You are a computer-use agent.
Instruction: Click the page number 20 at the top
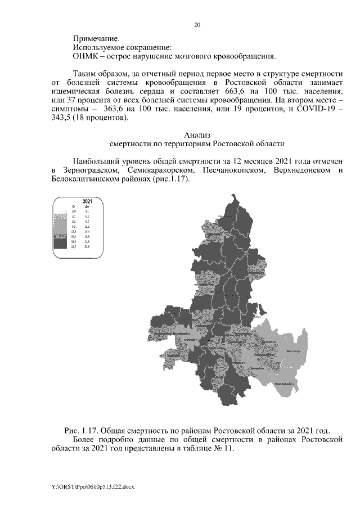197,25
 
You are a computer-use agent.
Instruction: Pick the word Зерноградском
90,170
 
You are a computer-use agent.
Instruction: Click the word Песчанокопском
232,170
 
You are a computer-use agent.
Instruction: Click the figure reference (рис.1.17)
171,179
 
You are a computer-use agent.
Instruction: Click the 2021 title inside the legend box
87,201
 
